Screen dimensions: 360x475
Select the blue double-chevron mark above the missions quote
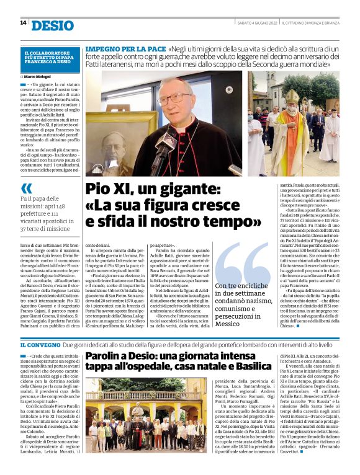pyautogui.click(x=26, y=188)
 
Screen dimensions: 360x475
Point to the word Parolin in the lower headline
pyautogui.click(x=106, y=357)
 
